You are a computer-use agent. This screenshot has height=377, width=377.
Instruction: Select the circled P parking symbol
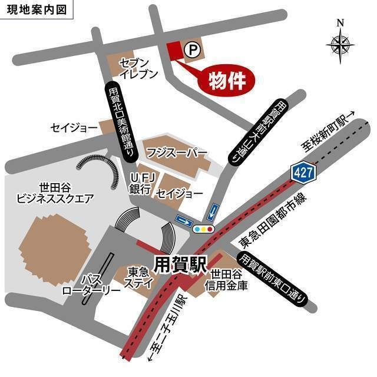click(x=191, y=51)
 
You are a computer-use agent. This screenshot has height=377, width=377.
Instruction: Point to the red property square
click(x=175, y=51)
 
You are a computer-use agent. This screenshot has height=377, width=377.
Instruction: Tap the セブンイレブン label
click(x=138, y=68)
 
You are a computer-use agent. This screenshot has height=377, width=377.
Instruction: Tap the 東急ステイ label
click(x=138, y=277)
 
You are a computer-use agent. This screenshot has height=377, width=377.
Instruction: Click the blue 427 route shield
click(x=303, y=172)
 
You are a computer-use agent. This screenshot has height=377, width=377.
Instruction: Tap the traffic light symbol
click(x=203, y=229)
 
